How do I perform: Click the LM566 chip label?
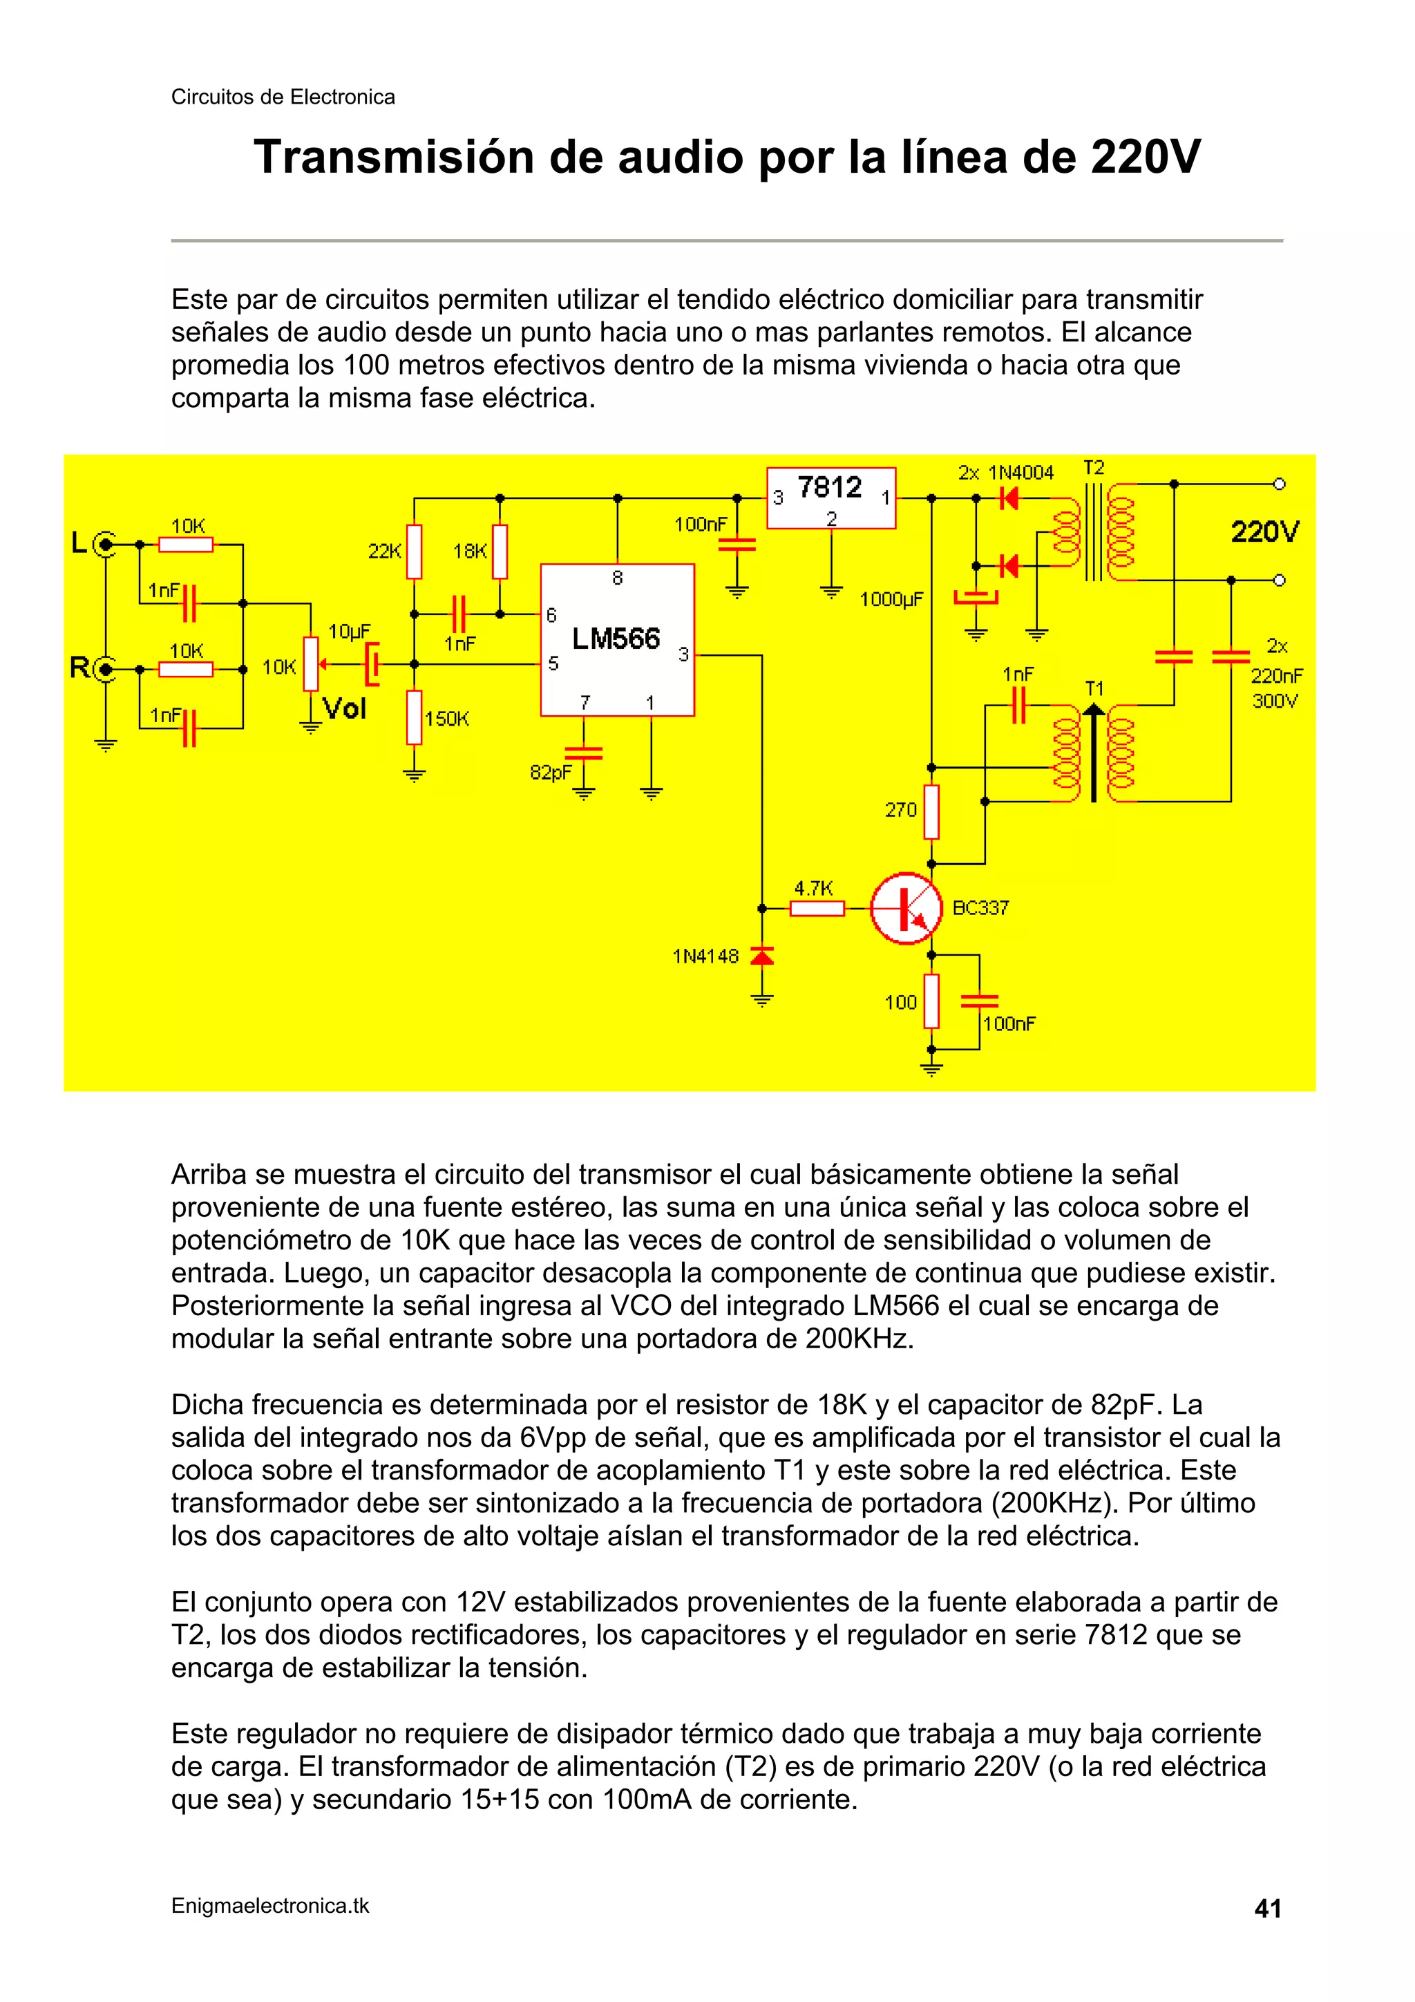(616, 639)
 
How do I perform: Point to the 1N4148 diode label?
(705, 956)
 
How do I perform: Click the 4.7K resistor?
(816, 909)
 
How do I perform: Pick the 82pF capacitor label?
(551, 772)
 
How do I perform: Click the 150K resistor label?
(446, 719)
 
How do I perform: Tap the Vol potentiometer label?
(344, 708)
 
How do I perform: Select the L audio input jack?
(106, 546)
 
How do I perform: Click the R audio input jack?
(106, 669)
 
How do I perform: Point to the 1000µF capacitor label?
(890, 599)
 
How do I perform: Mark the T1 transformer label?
(1093, 689)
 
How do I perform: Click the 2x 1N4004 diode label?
(1005, 473)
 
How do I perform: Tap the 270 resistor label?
(901, 810)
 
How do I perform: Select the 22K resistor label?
(384, 551)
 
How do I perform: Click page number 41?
(1266, 1909)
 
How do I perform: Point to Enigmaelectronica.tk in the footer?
(270, 1906)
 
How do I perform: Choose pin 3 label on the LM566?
(683, 654)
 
